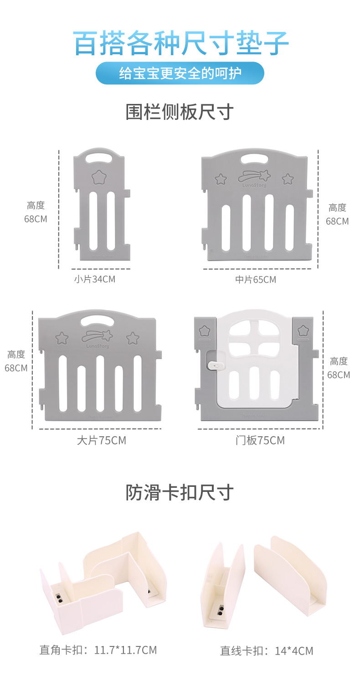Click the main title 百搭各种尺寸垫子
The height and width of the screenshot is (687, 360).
point(180,43)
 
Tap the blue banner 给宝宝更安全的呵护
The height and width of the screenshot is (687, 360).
point(180,73)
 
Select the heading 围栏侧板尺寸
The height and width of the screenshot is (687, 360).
point(180,112)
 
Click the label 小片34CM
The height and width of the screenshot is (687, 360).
point(95,279)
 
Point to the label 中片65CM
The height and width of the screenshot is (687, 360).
point(256,279)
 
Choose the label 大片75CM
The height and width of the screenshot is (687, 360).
point(101,440)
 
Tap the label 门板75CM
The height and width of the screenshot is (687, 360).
point(260,440)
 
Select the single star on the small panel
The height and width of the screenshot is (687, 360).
point(98,177)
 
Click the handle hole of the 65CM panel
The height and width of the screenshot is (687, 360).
point(254,159)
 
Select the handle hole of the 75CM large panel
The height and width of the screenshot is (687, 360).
point(97,320)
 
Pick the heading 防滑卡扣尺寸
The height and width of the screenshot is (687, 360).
point(180,493)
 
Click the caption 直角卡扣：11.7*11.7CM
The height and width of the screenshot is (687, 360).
point(98,650)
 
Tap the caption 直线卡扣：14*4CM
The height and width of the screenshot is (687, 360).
point(267,651)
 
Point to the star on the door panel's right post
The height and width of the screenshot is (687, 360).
point(303,330)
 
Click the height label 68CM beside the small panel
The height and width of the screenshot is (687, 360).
point(36,218)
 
